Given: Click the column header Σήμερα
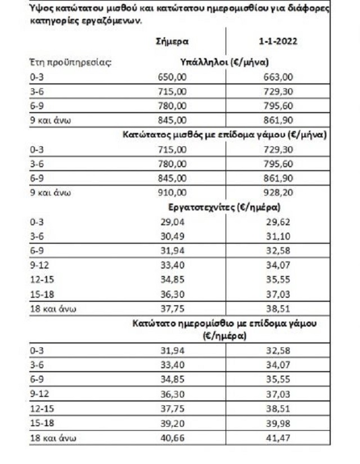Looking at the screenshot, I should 172,42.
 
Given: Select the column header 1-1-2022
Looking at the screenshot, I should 274,42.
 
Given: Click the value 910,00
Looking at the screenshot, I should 172,192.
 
